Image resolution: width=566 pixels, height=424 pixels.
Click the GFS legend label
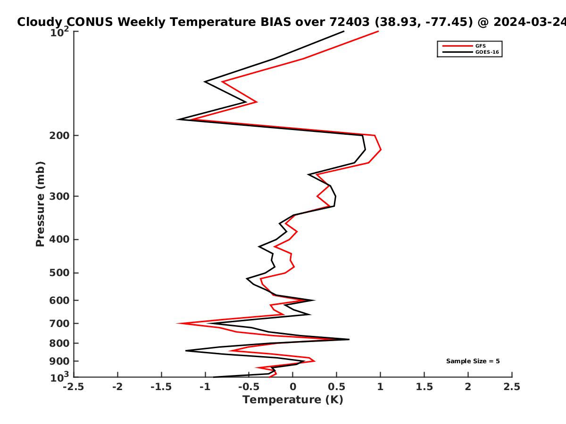(x=480, y=46)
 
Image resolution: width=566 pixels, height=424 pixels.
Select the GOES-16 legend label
(x=487, y=52)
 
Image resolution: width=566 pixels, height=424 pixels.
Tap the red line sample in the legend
(x=458, y=46)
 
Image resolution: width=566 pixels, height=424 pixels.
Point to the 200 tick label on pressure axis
(x=59, y=136)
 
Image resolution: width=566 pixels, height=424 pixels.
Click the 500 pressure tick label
(x=59, y=273)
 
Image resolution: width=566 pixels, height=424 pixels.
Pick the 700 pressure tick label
(x=59, y=324)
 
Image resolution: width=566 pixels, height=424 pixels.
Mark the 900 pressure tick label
(x=59, y=361)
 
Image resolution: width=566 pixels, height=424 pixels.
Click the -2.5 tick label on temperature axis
(x=74, y=387)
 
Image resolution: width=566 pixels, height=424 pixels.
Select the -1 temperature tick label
(x=205, y=387)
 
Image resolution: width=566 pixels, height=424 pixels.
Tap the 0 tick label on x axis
(x=293, y=387)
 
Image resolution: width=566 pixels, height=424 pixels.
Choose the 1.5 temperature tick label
(x=424, y=387)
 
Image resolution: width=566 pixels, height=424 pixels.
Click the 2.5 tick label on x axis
(x=512, y=387)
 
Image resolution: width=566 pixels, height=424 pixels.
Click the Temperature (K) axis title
(x=293, y=400)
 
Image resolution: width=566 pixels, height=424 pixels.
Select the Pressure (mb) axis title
(x=40, y=204)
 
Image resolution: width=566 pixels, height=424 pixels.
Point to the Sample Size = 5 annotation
(x=473, y=361)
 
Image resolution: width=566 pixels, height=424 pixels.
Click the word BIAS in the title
(x=276, y=22)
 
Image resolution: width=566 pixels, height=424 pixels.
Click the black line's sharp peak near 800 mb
(x=349, y=339)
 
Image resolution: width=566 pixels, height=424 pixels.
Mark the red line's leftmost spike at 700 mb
(x=178, y=323)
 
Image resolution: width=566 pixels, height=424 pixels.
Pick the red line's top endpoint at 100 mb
(x=378, y=32)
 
